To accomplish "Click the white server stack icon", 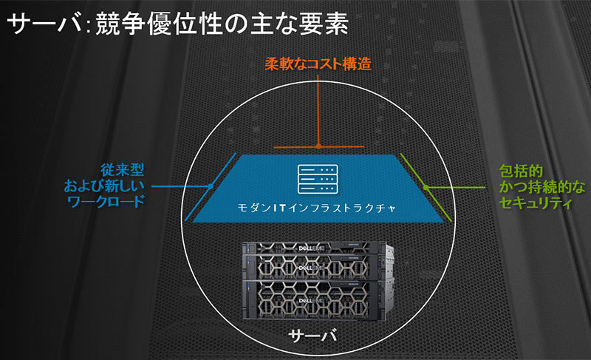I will pos(316,178).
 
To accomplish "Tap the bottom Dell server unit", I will pos(318,300).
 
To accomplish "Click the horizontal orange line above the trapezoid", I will pos(317,147).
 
